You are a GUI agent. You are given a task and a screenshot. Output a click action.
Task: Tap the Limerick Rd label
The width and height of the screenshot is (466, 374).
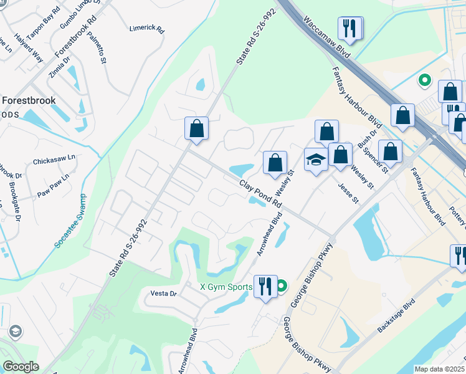pos(146,29)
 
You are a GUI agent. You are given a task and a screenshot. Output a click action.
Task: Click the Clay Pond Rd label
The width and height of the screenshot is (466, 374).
pos(261,194)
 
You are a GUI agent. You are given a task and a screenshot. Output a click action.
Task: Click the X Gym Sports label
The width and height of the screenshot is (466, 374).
pos(226,287)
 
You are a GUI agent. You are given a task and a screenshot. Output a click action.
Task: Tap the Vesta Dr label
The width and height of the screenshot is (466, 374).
pos(164,293)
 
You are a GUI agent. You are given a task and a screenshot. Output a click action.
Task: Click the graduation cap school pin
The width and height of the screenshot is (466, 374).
pos(316,160)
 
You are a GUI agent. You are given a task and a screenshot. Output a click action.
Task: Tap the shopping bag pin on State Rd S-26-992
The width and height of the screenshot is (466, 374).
pos(196,129)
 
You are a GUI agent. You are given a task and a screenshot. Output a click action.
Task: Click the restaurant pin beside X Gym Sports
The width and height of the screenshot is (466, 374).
pos(265,287)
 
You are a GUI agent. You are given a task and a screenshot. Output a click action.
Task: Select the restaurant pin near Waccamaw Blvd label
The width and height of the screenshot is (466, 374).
pos(350,28)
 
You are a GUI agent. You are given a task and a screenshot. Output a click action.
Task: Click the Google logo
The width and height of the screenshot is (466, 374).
pos(21,367)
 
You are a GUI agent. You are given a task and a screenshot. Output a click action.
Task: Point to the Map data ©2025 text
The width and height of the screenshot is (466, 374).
pos(440,369)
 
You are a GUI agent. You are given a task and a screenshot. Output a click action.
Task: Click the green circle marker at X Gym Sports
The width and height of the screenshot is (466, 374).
pos(282,287)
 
